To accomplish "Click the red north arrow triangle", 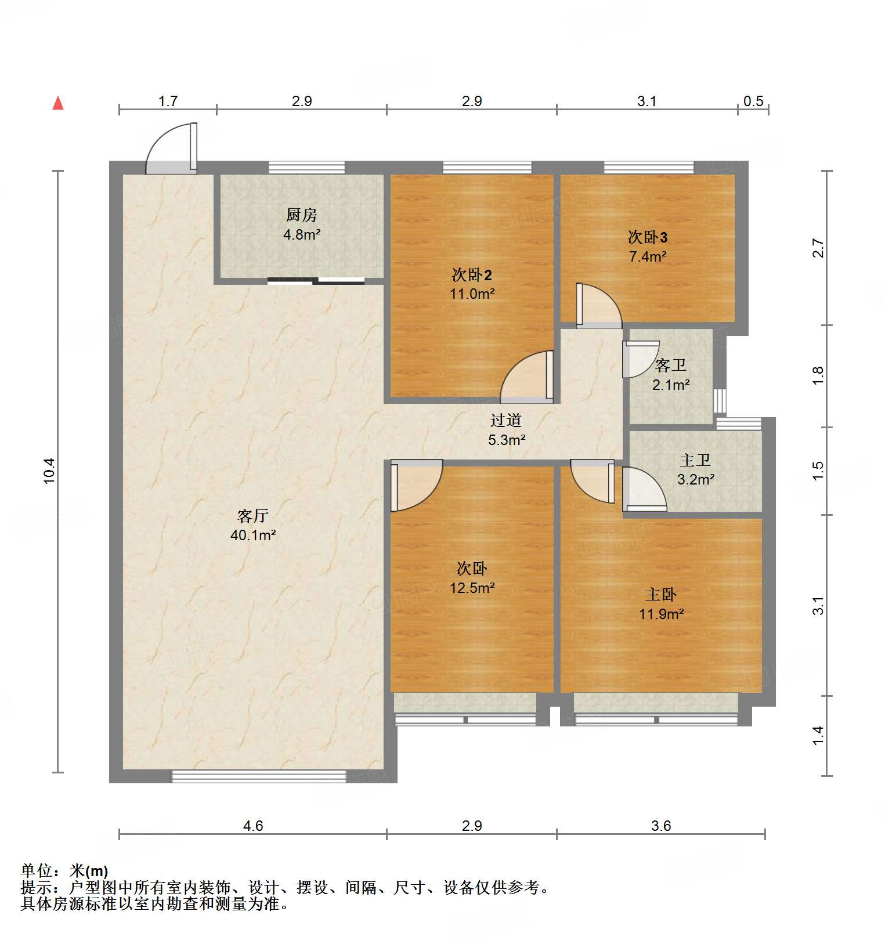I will (x=57, y=103).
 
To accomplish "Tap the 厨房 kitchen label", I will (x=301, y=215).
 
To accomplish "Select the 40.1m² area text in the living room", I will (x=253, y=535).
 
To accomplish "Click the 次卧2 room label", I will (x=472, y=274).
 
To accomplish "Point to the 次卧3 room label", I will (x=648, y=237).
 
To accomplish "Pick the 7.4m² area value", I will (x=648, y=256).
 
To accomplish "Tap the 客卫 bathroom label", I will (x=670, y=366).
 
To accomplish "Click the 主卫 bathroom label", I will (x=695, y=461).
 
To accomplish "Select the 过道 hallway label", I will (x=506, y=420).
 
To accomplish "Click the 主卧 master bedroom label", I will (x=661, y=594).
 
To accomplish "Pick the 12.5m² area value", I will (x=472, y=588).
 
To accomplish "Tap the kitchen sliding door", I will (x=316, y=281).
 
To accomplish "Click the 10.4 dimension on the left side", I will (x=49, y=471).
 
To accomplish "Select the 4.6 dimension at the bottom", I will (x=252, y=825).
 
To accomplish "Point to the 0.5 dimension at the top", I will (x=753, y=101).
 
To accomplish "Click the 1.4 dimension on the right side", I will (x=818, y=736).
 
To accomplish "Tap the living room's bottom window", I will (x=258, y=776).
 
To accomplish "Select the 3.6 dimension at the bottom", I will (x=660, y=825).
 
